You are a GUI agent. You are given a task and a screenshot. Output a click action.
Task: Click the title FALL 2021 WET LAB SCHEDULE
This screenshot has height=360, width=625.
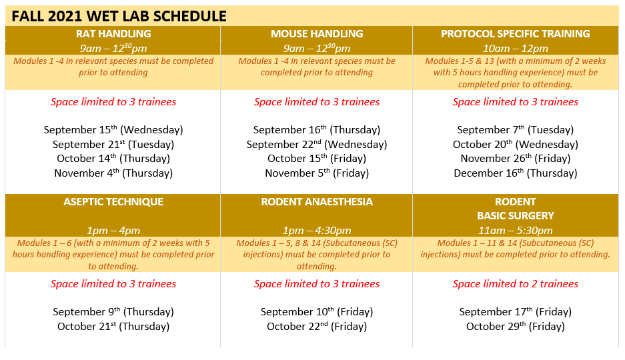pos(119,16)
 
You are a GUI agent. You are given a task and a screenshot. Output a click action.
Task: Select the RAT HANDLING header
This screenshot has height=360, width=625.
pos(113,34)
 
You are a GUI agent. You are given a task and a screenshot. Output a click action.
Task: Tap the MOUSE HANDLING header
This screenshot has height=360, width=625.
pos(317,34)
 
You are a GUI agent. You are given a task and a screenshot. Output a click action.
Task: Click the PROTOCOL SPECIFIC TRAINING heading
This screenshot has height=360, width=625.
pos(516,34)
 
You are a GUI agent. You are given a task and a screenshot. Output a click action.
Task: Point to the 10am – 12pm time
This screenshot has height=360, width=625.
pos(516,49)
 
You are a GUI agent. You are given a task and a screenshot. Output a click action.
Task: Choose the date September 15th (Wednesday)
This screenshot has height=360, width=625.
pos(113,130)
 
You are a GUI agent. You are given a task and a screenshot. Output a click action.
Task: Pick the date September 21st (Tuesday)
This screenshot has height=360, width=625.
pos(113,144)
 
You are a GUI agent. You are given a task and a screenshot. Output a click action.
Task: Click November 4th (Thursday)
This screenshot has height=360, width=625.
pos(113,173)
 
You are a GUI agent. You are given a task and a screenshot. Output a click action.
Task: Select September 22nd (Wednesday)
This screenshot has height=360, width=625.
pos(317,144)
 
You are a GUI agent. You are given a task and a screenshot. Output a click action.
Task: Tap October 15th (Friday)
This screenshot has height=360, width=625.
pos(317,159)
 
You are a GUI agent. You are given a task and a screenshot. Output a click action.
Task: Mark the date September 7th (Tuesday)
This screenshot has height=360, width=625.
pos(516,130)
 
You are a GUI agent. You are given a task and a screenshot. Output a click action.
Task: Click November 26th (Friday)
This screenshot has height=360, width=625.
pos(516,159)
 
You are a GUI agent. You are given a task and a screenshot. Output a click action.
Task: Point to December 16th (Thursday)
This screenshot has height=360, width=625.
pos(516,173)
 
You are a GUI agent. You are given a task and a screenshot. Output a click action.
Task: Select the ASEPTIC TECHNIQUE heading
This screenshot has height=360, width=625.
pos(113,202)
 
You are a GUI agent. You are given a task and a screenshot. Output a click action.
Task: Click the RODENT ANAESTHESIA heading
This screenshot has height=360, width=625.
pos(317,202)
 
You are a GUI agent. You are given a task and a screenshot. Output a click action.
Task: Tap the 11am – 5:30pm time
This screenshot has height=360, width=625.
pos(516,231)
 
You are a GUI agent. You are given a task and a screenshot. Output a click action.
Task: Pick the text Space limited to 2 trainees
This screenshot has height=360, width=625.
pos(516,284)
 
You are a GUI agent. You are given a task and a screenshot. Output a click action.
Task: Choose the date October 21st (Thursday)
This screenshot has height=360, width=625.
pos(113,326)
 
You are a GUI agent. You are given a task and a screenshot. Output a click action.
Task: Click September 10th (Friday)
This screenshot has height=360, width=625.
pos(317,312)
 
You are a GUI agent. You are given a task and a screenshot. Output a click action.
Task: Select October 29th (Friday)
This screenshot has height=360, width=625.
pos(516,326)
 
